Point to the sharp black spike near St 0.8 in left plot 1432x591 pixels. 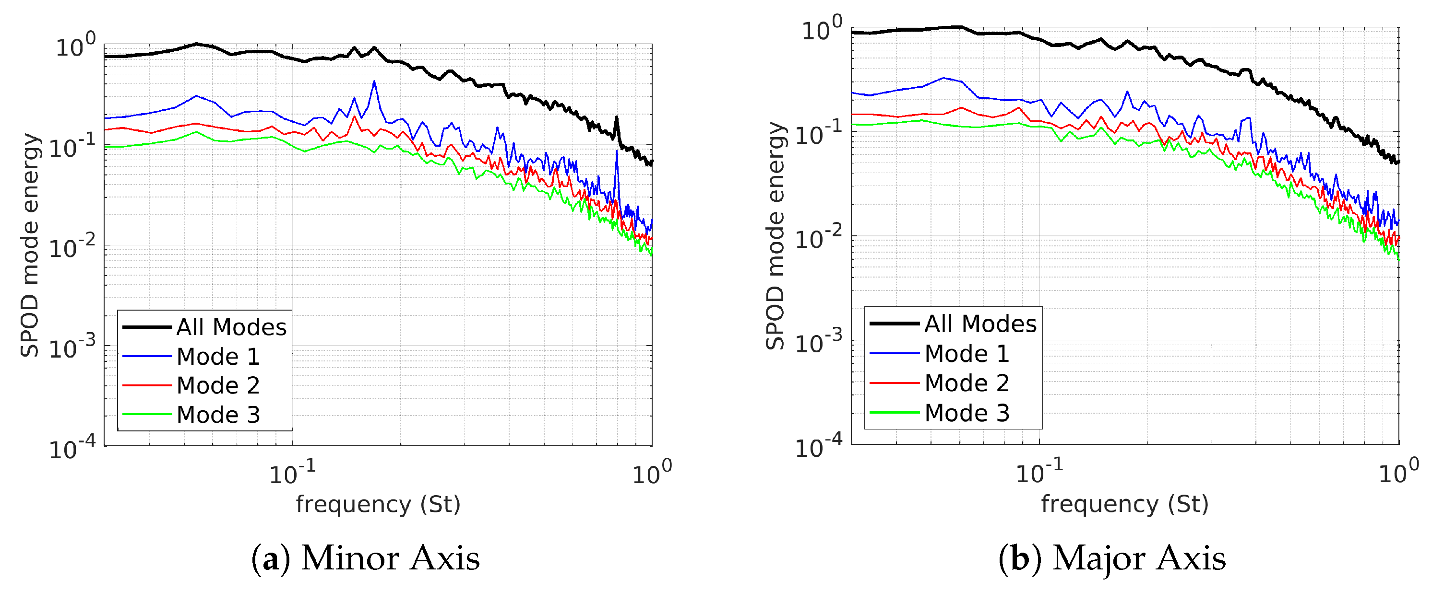coord(616,118)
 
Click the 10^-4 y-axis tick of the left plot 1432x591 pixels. coord(72,448)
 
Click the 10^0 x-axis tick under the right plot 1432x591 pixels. coord(1398,472)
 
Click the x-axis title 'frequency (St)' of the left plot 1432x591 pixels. coord(378,504)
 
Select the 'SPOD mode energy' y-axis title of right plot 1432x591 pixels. coord(776,236)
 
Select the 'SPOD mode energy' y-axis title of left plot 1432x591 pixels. coord(30,244)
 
